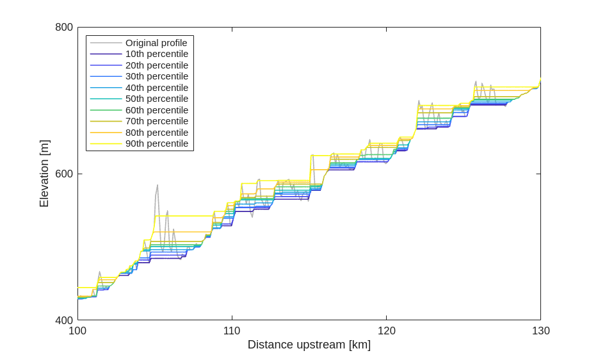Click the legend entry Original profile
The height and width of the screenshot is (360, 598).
coord(156,43)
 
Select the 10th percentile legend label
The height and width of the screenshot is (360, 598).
coord(157,54)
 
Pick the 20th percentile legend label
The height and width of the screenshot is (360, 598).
coord(157,65)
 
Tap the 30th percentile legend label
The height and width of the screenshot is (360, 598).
coord(157,76)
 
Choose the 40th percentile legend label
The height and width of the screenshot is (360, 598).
coord(157,88)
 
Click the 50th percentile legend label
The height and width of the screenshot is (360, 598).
coord(157,99)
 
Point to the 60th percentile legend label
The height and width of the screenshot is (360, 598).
coord(157,110)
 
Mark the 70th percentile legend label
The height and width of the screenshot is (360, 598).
coord(157,121)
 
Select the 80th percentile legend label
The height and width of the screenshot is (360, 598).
coord(157,133)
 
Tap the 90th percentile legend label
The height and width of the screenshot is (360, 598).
coord(157,143)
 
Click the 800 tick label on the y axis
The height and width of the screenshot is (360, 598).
coord(64,28)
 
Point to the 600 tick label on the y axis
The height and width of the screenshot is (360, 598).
coord(64,174)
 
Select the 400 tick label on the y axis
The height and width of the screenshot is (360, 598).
coord(64,320)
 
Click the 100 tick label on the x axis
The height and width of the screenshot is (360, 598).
coord(77,331)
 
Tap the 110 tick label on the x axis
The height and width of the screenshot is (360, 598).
coord(232,331)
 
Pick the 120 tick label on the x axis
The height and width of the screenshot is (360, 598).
coord(386,331)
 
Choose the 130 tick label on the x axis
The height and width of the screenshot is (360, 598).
coord(541,331)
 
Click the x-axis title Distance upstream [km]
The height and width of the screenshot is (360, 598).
coord(309,345)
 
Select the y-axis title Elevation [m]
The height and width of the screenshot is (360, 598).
coord(44,174)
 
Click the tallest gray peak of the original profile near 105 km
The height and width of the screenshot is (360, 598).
coord(158,186)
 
